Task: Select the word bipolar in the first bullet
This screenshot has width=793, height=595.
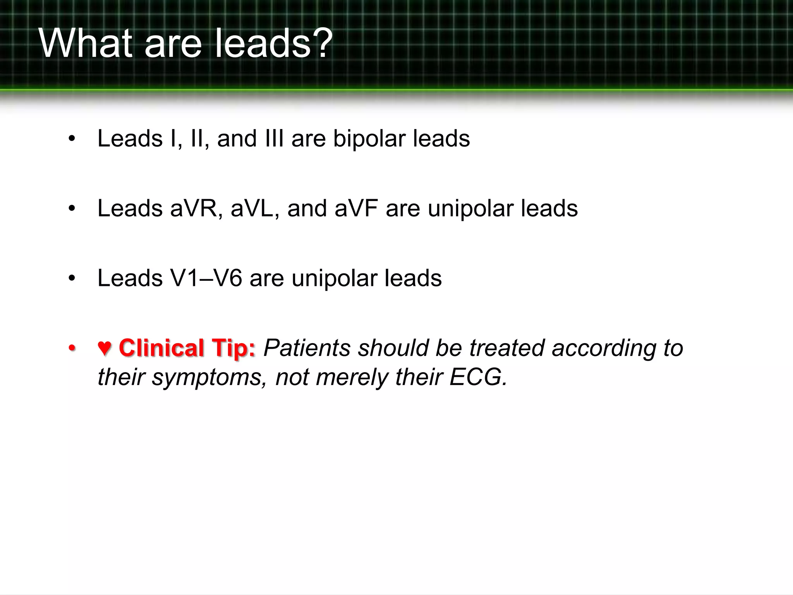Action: [x=369, y=139]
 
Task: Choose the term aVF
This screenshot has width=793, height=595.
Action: [x=356, y=208]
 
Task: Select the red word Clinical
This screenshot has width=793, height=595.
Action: [x=161, y=348]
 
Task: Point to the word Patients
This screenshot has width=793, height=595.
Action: [x=307, y=348]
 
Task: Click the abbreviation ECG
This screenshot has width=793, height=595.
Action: [x=478, y=377]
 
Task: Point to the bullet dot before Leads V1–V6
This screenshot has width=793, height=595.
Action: [x=71, y=279]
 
